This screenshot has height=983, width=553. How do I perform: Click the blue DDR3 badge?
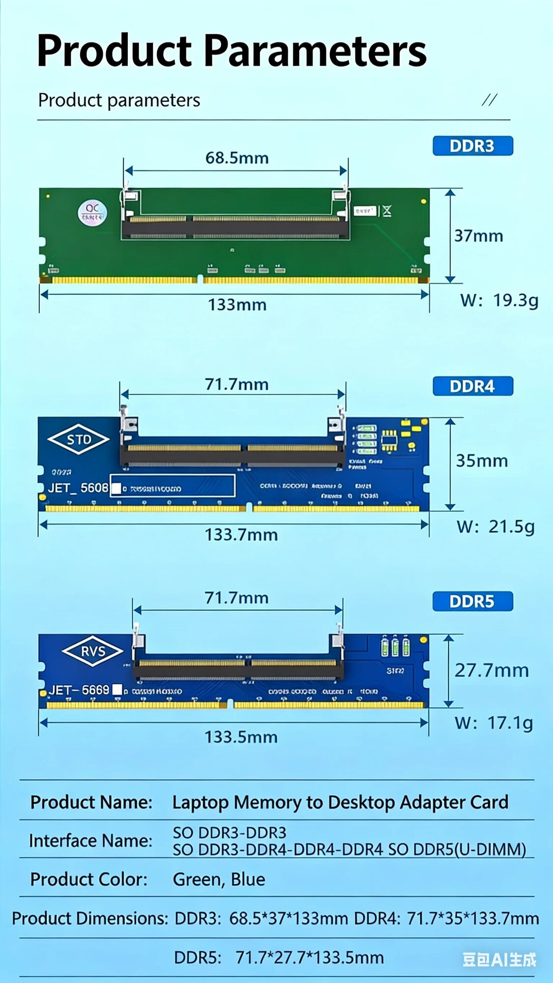click(x=472, y=146)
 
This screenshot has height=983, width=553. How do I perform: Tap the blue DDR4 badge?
click(x=472, y=386)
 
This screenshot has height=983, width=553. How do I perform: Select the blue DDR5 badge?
click(x=472, y=601)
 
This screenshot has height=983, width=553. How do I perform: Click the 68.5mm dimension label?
click(x=237, y=158)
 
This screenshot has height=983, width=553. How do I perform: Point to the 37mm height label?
click(x=478, y=236)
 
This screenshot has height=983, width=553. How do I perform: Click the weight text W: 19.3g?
click(x=499, y=300)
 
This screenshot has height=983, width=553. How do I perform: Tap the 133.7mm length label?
click(x=241, y=534)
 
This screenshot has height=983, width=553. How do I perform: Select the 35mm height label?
click(x=482, y=461)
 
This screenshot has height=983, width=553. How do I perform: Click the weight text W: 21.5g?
click(x=495, y=526)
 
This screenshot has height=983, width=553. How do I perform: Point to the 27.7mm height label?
click(x=491, y=670)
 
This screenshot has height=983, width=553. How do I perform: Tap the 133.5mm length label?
click(x=241, y=737)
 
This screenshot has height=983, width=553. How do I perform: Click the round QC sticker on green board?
click(x=92, y=212)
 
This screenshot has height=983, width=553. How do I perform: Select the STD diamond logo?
click(x=79, y=439)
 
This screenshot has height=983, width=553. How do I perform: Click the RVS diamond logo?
click(x=92, y=651)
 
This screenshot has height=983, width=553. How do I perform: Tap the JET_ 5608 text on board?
click(x=78, y=488)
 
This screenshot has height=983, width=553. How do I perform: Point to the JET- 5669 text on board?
click(x=79, y=690)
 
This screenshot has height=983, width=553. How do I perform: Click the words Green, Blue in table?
click(x=219, y=879)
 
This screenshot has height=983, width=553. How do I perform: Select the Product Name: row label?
click(x=91, y=802)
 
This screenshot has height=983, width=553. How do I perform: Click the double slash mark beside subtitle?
click(x=489, y=100)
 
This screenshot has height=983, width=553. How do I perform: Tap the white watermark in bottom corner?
click(x=499, y=959)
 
